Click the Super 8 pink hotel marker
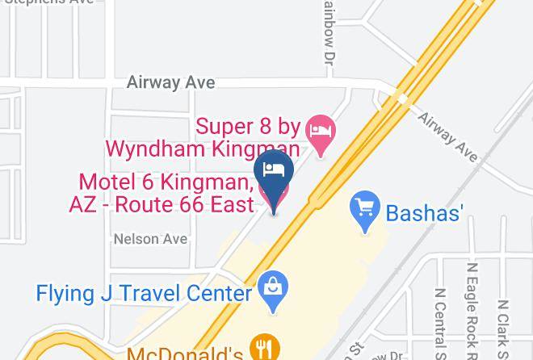tap(322, 131)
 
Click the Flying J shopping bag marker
tap(274, 287)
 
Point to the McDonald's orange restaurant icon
tap(262, 348)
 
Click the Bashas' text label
tap(424, 213)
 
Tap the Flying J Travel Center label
tap(144, 292)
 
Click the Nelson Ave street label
tap(150, 239)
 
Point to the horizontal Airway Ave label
tap(170, 82)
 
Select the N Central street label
tap(440, 323)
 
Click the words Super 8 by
tap(249, 127)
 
